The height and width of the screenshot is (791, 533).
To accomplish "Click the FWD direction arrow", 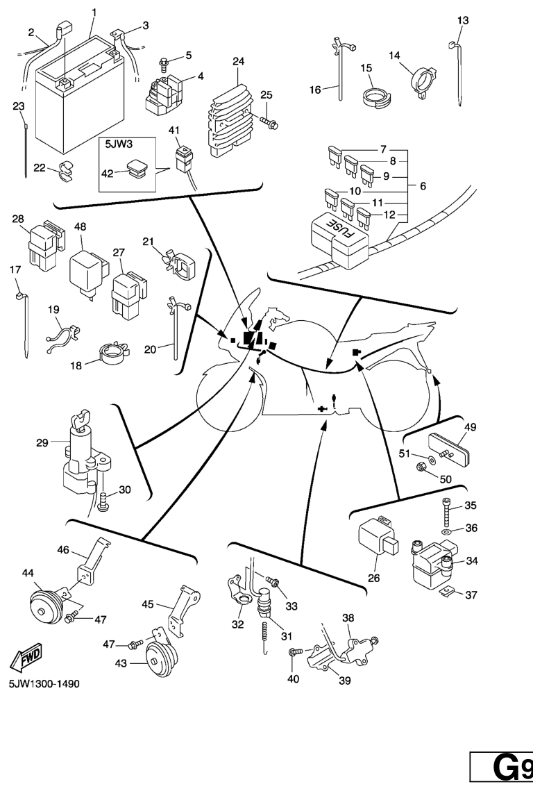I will [x=24, y=657].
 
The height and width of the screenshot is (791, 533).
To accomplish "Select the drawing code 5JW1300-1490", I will [x=44, y=684].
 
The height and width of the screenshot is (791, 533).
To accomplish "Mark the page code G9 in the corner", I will [x=504, y=770].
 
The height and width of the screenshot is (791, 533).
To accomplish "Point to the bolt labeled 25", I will [x=266, y=121].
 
